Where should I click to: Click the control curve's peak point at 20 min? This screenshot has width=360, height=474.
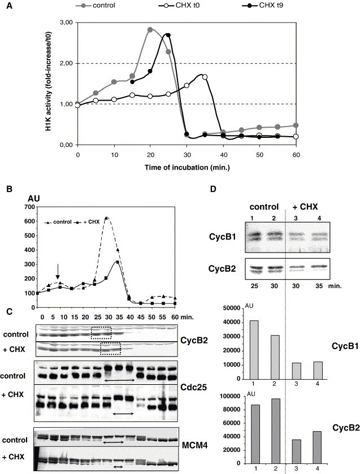(150, 29)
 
